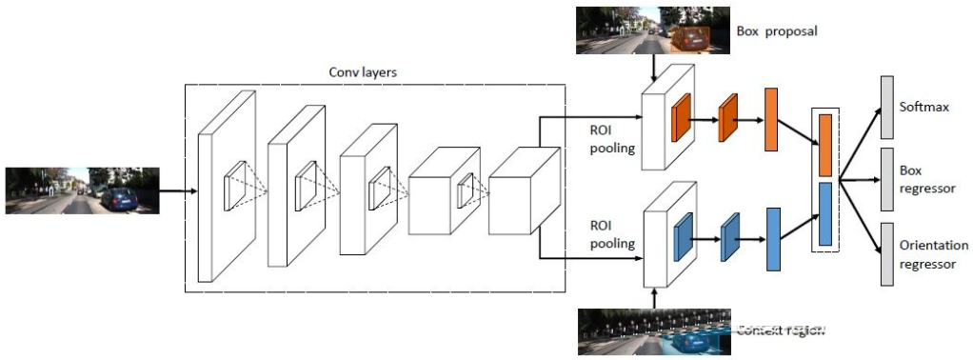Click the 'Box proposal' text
pyautogui.click(x=777, y=30)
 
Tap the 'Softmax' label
pyautogui.click(x=924, y=106)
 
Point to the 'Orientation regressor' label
pyautogui.click(x=933, y=254)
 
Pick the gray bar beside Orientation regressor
pyautogui.click(x=886, y=254)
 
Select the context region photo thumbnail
pyautogui.click(x=654, y=331)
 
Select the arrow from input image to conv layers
pyautogui.click(x=177, y=190)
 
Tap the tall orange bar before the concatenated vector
pyautogui.click(x=771, y=121)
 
